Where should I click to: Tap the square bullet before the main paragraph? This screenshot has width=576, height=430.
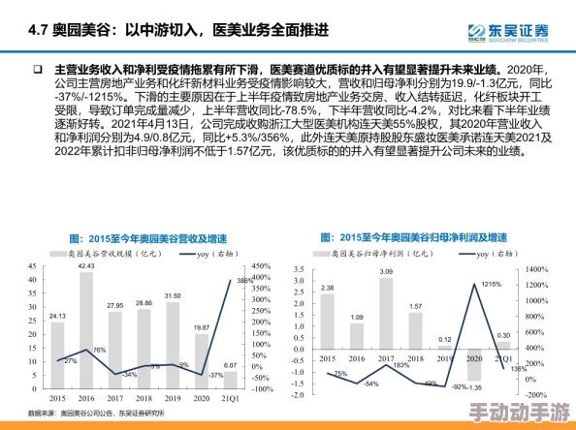(x=38, y=71)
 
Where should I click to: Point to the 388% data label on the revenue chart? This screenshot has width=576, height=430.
(x=245, y=282)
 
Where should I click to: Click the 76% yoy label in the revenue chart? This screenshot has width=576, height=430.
(x=98, y=350)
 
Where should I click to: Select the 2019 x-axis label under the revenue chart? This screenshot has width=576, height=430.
(x=173, y=397)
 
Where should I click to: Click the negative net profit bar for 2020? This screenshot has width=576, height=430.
(x=473, y=364)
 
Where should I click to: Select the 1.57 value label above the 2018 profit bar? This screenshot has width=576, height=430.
(x=415, y=307)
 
